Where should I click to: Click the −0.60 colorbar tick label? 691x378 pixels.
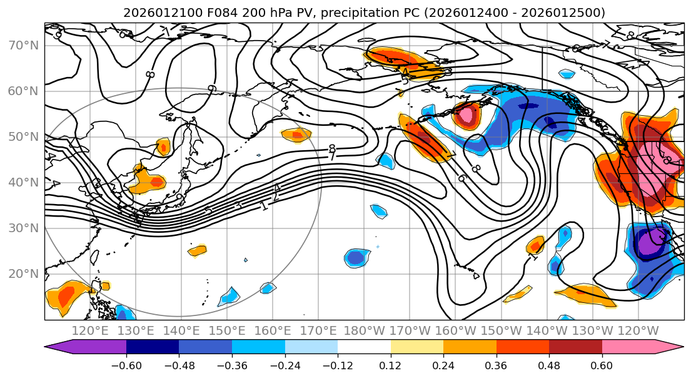coord(126,364)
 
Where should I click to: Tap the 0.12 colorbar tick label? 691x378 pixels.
coord(391,364)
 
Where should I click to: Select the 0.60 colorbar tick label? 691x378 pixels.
coord(602,364)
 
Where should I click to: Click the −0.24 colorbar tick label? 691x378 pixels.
coord(285,364)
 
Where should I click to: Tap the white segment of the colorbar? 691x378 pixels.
coord(364,347)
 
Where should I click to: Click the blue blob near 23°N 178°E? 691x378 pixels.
coord(356,257)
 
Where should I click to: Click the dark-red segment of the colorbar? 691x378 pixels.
coord(575,347)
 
